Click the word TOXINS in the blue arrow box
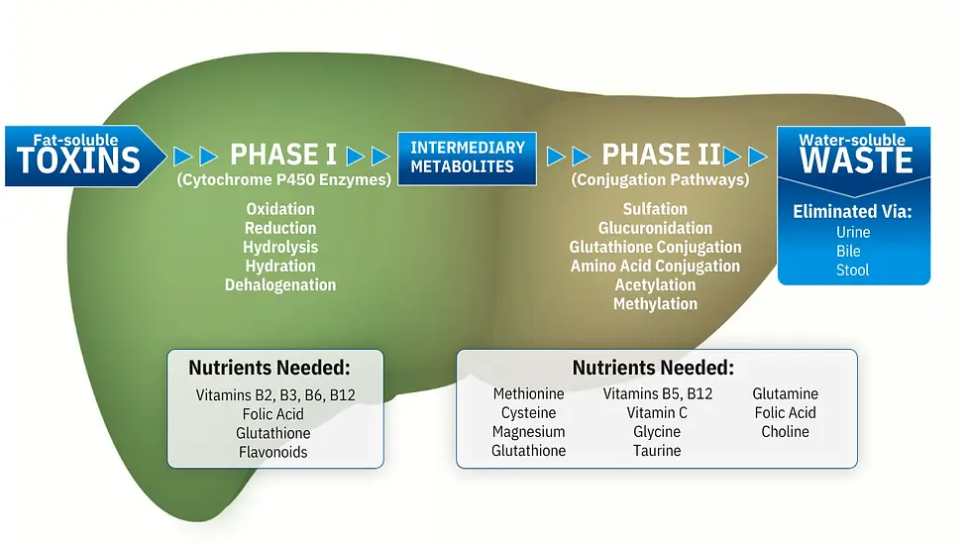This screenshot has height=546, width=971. tap(78, 161)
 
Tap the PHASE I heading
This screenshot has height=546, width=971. tap(283, 155)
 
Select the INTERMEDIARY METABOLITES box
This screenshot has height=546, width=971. tap(467, 159)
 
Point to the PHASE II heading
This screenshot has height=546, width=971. tap(662, 155)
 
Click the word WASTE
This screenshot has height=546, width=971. tap(856, 161)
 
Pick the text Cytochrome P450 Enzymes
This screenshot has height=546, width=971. tap(283, 179)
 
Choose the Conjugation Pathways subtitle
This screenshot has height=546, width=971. tap(660, 179)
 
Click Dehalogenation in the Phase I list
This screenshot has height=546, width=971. tap(280, 284)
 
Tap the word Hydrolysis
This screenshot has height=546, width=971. tap(280, 247)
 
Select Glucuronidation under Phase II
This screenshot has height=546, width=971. tap(655, 228)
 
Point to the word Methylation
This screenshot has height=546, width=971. tap(655, 304)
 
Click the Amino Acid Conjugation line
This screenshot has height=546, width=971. tap(655, 267)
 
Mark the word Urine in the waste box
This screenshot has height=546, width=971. tap(853, 232)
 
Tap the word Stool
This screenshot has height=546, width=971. tap(853, 270)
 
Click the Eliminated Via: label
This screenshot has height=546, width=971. tap(852, 212)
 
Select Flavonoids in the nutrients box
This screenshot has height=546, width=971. tap(273, 452)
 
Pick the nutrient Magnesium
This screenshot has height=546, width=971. tap(529, 431)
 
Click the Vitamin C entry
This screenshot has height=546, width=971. tap(657, 413)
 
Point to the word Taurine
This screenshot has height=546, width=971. tap(657, 451)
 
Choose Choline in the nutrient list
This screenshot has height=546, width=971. tap(785, 431)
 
